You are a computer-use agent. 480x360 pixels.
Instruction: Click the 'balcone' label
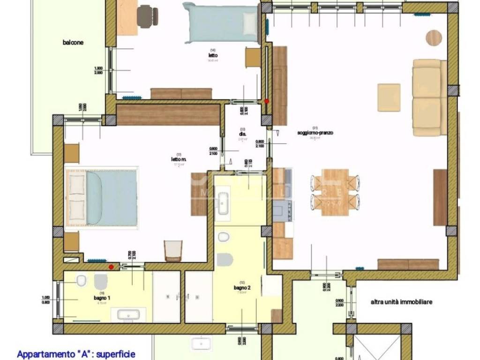(73, 43)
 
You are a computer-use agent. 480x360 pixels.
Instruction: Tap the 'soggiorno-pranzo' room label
(315, 133)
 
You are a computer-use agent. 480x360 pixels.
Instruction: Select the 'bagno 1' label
(102, 298)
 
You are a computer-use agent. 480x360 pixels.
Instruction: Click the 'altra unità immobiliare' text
(401, 302)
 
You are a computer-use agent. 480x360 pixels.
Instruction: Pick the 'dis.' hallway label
(242, 134)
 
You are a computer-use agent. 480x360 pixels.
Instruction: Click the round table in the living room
(434, 37)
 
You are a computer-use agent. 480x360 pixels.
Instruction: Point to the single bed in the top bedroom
(220, 22)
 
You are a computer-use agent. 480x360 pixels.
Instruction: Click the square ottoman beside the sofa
(389, 97)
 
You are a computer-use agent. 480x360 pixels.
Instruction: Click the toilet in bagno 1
(81, 281)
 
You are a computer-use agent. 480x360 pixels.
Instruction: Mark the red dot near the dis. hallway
(267, 101)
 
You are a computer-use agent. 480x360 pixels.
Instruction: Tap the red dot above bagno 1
(111, 267)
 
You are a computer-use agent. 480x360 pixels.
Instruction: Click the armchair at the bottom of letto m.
(172, 251)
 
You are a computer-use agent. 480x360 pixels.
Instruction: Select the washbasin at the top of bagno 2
(224, 202)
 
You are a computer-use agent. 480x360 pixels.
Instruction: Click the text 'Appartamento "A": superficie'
(75, 354)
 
